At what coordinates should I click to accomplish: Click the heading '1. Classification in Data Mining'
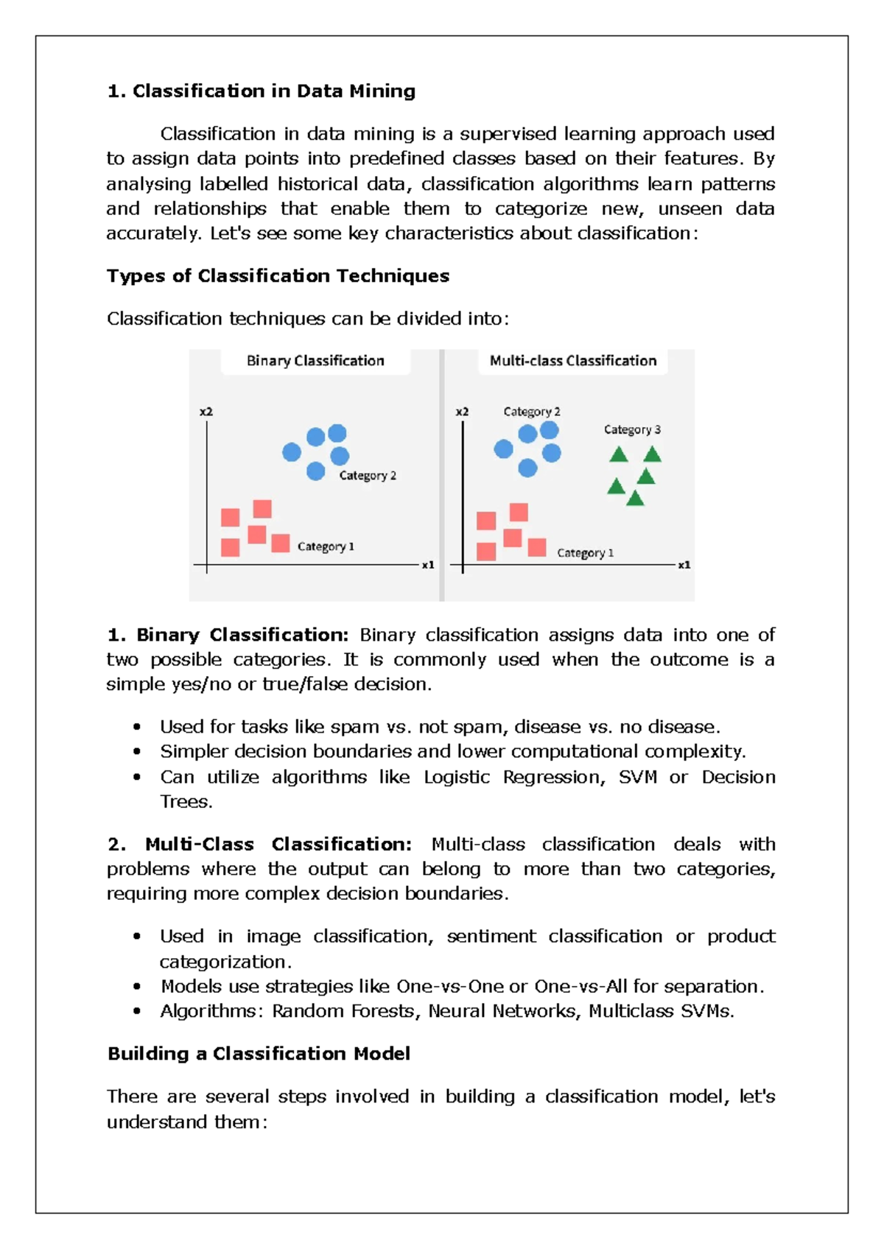261,91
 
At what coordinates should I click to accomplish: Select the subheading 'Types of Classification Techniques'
278,275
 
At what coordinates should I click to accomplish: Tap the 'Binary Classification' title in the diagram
315,361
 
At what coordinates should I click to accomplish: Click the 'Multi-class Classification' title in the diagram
572,361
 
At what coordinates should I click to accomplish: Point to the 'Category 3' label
632,429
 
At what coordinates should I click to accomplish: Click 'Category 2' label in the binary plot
368,476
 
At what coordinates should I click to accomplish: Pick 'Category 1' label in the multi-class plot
585,553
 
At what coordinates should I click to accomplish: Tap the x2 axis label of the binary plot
206,412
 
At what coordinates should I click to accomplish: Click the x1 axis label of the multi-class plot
684,565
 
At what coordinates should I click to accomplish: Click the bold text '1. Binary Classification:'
228,635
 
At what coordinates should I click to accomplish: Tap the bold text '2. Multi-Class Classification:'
259,844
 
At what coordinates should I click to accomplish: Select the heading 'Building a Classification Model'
259,1054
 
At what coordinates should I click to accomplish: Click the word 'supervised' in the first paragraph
508,134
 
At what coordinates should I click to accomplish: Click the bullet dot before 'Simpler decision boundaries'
137,752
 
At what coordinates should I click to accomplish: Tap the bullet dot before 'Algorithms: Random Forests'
137,1012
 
